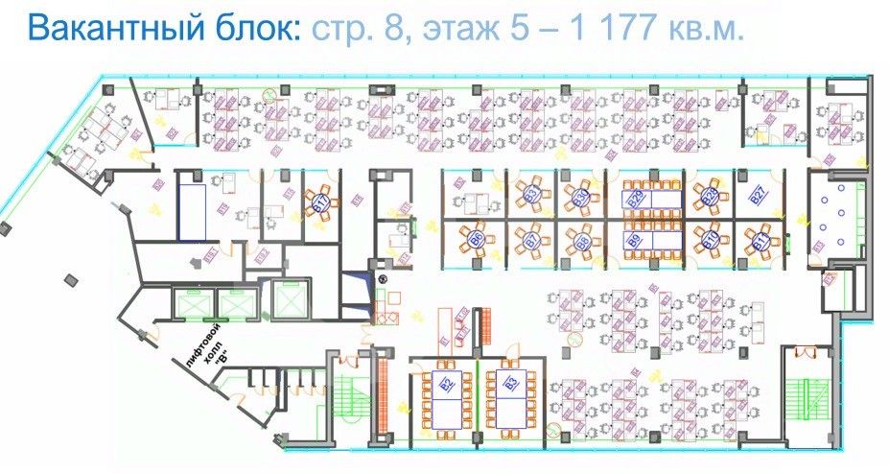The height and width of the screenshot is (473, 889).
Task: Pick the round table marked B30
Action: [x=580, y=197]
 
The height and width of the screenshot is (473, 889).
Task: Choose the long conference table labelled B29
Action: [x=635, y=198]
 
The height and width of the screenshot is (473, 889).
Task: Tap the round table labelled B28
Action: [x=709, y=197]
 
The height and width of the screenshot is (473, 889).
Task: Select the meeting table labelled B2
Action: [x=446, y=387]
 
